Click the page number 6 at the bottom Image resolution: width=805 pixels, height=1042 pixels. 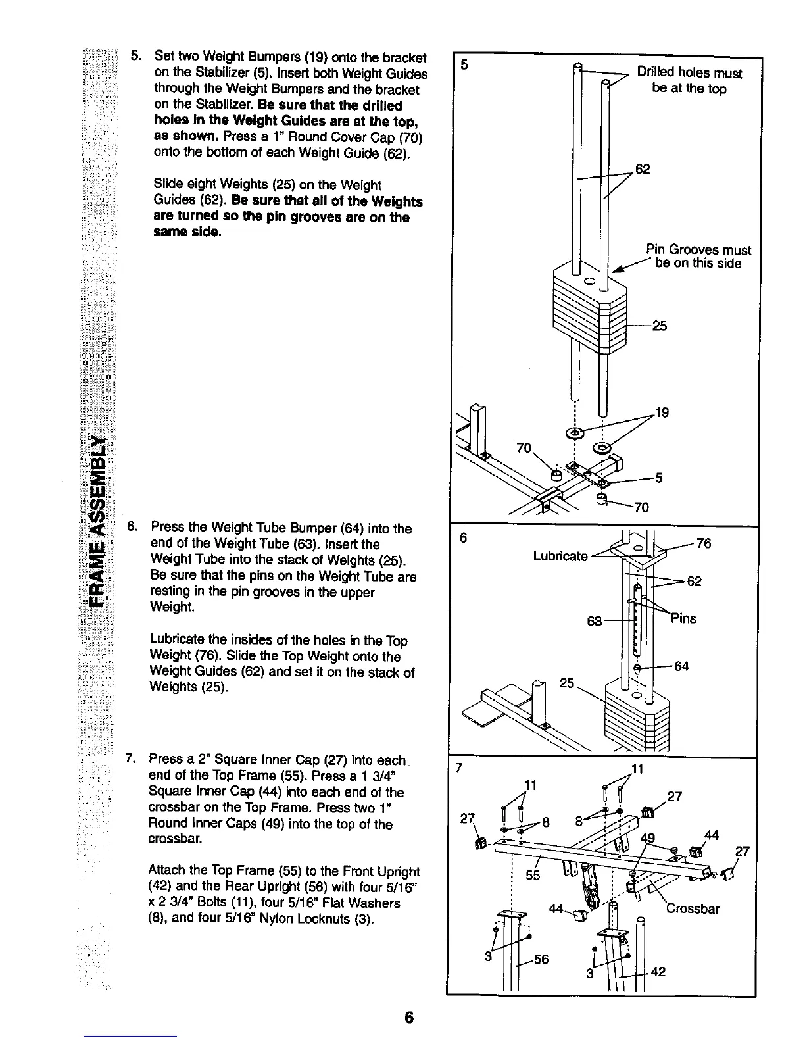point(409,1017)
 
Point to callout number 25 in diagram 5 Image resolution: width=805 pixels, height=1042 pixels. point(659,326)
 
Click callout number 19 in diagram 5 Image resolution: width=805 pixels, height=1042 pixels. point(662,413)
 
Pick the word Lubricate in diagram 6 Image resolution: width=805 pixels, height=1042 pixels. point(560,557)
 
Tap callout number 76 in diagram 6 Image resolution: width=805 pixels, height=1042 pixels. point(704,543)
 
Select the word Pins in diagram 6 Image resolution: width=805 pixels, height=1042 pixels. point(684,619)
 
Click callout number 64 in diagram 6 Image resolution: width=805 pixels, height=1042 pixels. point(681,666)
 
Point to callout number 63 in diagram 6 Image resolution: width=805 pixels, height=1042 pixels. point(595,622)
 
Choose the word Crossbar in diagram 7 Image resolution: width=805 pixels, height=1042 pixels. point(693,909)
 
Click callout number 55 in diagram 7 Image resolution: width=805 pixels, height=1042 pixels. point(533,876)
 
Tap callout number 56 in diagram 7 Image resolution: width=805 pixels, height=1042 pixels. point(541,960)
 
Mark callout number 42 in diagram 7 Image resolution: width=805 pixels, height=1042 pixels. point(658,972)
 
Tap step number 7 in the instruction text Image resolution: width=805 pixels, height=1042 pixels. point(130,760)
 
